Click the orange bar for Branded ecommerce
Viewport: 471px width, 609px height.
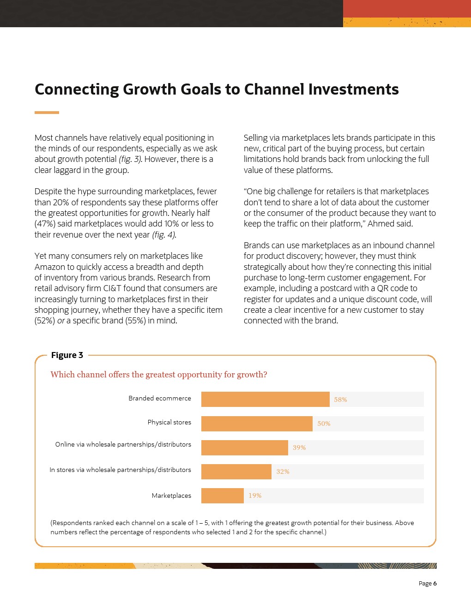click(265, 400)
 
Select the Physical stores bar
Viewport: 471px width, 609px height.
click(257, 424)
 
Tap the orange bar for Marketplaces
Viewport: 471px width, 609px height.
click(222, 496)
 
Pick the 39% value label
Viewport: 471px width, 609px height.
click(299, 448)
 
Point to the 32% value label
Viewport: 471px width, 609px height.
click(283, 472)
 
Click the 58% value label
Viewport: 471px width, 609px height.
click(340, 400)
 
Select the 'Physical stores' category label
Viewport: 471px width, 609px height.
click(169, 422)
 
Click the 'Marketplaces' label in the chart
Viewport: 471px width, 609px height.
click(171, 496)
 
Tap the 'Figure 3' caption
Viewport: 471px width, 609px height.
click(67, 355)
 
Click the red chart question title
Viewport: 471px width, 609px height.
click(158, 375)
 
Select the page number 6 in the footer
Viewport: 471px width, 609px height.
click(435, 583)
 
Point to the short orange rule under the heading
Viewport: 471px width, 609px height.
click(47, 112)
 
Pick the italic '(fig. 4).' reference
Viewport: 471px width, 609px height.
click(164, 234)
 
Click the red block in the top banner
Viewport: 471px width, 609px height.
click(406, 8)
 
